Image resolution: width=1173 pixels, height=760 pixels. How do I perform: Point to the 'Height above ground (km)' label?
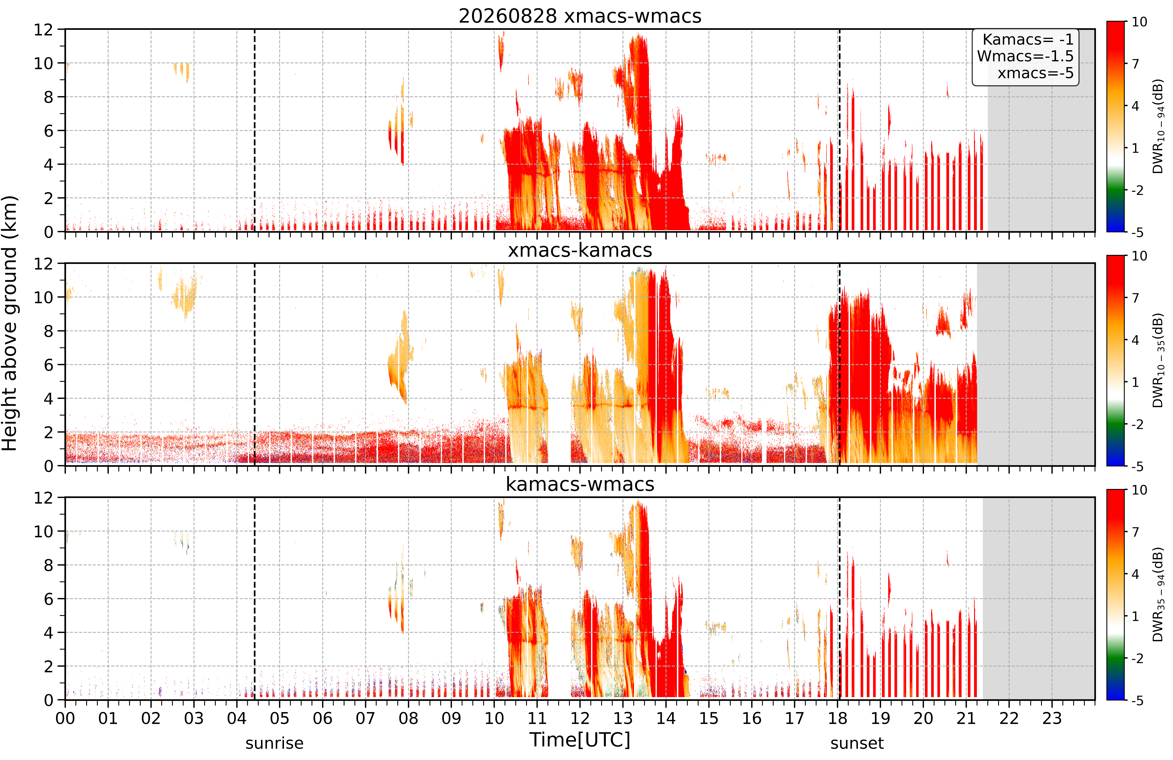click(x=10, y=323)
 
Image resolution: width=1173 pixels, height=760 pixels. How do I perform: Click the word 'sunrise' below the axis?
click(x=274, y=743)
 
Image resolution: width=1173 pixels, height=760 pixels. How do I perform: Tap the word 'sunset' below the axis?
click(x=857, y=743)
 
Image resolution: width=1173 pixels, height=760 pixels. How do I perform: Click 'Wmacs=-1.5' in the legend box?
click(x=1025, y=56)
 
